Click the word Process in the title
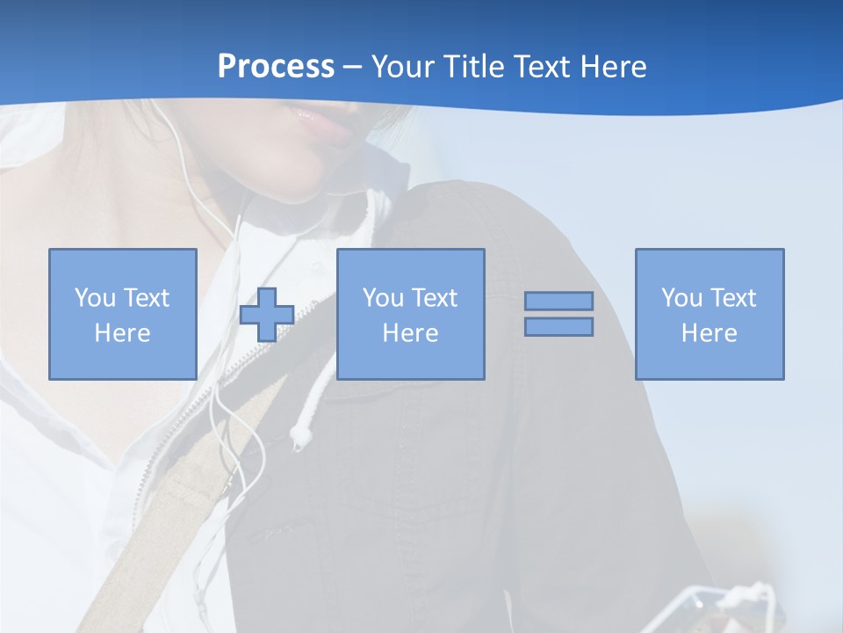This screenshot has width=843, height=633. coord(276,67)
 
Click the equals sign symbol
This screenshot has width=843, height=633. coord(558,314)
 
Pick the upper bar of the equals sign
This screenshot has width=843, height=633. coord(558,301)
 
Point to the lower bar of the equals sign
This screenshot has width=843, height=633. coord(558,327)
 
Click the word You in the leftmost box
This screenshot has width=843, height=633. coord(95,298)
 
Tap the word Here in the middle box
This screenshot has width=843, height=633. coord(410,333)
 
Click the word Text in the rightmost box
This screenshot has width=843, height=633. coord(733,298)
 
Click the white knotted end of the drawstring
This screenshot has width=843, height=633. coord(301,434)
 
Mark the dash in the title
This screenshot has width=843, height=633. coord(353,68)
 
